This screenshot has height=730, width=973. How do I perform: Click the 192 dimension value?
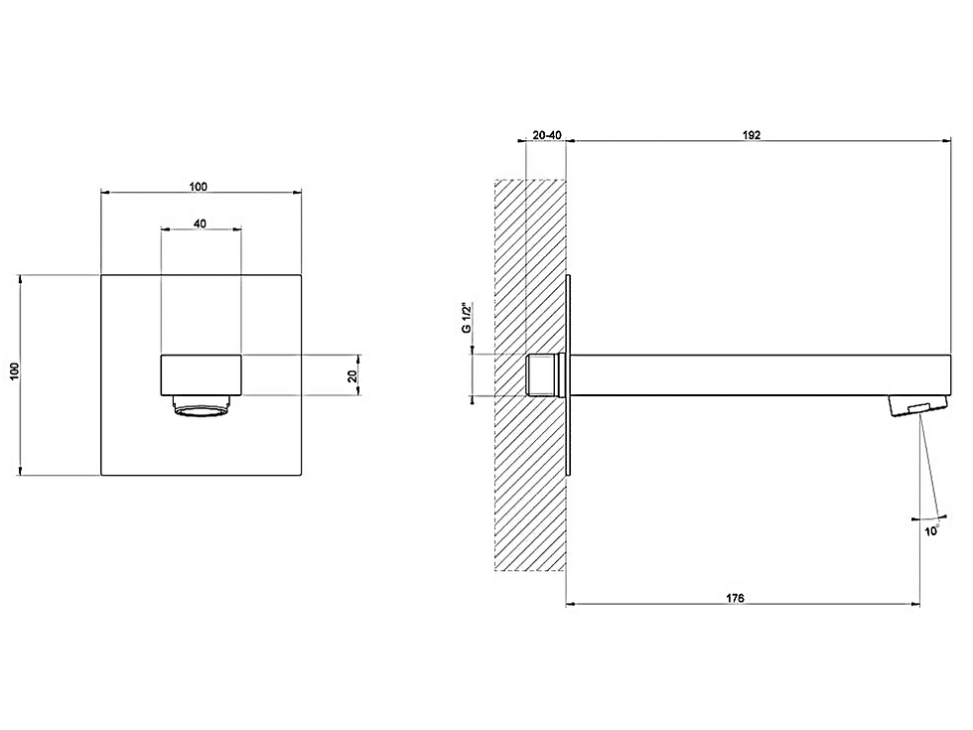751,135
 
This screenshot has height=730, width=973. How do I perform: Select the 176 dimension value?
735,598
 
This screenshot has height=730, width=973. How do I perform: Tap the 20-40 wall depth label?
547,135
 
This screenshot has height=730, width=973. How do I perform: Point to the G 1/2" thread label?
468,318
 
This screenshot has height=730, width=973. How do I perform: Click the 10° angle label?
932,530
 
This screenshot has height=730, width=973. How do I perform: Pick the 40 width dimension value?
200,223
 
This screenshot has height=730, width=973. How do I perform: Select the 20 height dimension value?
352,375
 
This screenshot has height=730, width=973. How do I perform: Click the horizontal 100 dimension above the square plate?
198,187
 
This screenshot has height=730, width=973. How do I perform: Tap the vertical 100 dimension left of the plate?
15,371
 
